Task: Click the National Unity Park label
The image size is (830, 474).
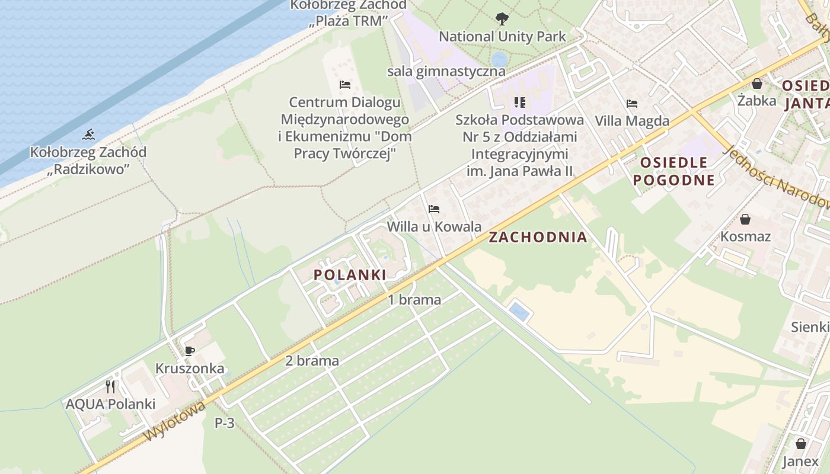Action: point(502,37)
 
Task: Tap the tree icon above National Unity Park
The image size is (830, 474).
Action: point(502,19)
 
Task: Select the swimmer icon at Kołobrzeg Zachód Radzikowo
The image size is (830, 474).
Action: point(88,134)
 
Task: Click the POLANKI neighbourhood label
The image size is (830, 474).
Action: point(350,274)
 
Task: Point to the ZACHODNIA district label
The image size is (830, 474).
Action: point(538,238)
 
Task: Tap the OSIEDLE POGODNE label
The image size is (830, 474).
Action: point(673,171)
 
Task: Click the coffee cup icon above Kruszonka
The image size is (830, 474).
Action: point(190,351)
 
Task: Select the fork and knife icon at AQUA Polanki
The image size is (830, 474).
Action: point(110,387)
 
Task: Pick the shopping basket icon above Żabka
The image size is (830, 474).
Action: point(757,84)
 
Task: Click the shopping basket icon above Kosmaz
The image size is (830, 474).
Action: point(745,219)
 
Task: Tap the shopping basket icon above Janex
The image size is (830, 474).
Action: point(801,444)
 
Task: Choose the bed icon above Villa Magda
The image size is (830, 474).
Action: point(632,104)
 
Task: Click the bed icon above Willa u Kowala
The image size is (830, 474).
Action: point(434,209)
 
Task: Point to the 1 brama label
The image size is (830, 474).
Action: point(414,300)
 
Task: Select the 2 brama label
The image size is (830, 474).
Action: point(312,360)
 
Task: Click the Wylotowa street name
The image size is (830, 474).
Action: point(175,421)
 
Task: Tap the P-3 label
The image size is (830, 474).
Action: point(225,423)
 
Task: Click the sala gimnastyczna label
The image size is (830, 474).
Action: point(446,72)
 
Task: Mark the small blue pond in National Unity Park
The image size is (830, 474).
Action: point(499,59)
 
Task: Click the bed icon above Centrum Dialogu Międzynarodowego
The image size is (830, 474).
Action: point(345,85)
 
